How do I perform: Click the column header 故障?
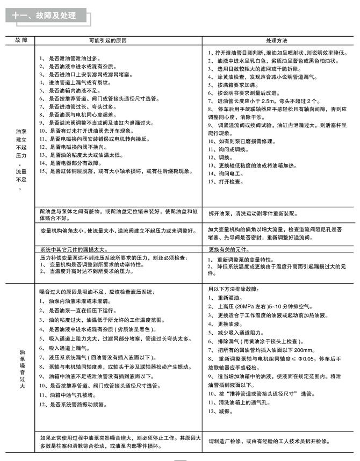coord(21,41)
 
